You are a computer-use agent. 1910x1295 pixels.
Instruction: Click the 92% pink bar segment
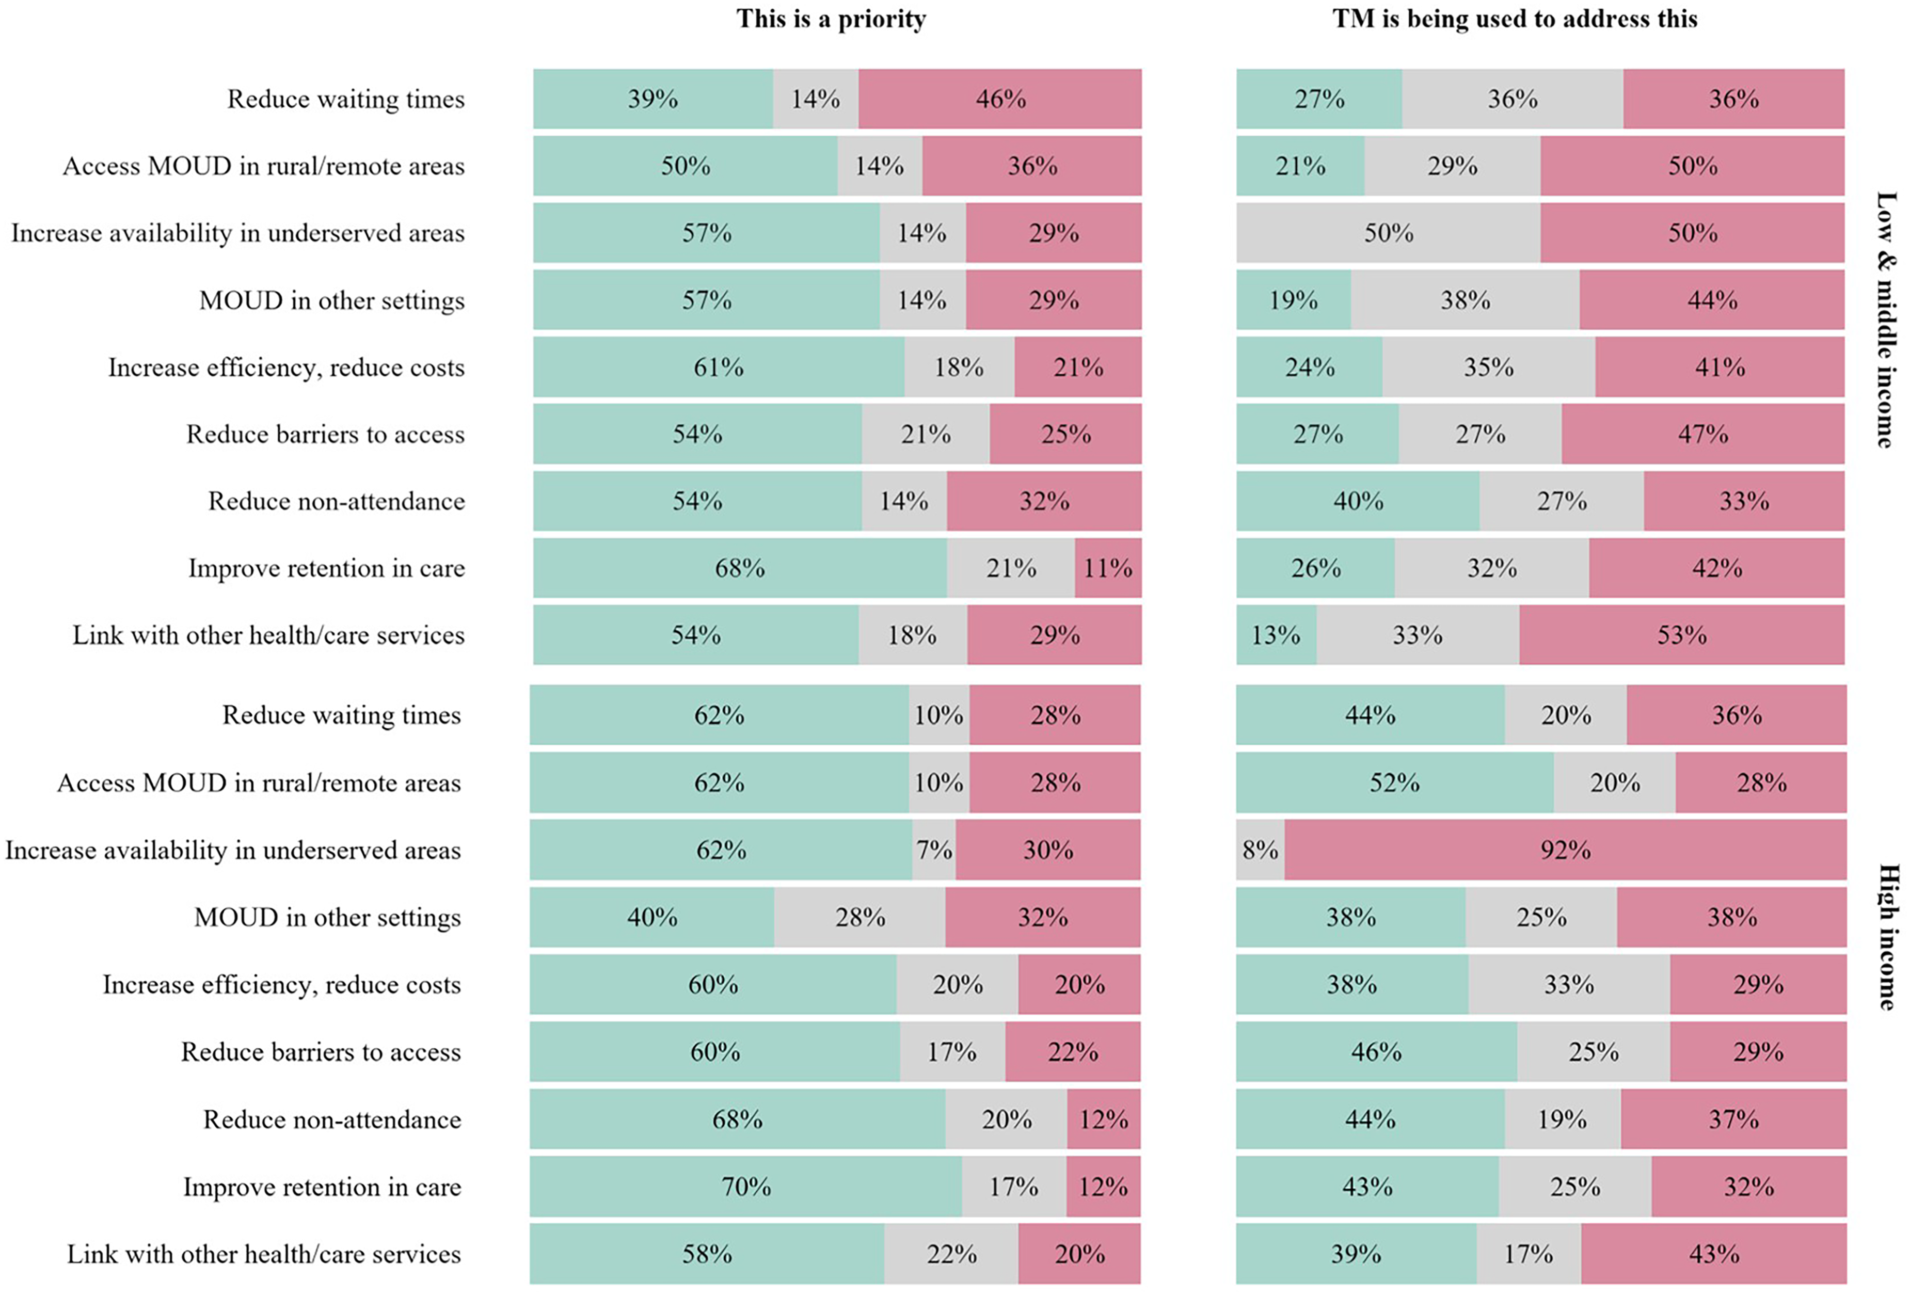[x=1566, y=850]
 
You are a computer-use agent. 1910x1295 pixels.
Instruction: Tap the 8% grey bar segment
[x=1261, y=850]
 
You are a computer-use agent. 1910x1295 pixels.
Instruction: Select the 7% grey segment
[x=934, y=850]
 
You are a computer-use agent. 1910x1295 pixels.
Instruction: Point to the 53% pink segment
[x=1681, y=635]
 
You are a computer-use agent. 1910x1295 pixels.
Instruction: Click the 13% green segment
[x=1277, y=635]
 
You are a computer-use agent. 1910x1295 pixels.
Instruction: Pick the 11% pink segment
[x=1108, y=568]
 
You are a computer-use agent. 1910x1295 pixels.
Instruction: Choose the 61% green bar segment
[x=719, y=366]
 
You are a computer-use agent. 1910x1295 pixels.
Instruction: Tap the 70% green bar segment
[x=746, y=1187]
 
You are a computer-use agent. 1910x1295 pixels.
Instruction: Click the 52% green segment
[x=1395, y=782]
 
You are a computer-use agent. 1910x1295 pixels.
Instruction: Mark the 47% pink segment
[x=1703, y=434]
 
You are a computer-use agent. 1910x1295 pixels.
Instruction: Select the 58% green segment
[x=707, y=1254]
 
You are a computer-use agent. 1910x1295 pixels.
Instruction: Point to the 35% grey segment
[x=1488, y=366]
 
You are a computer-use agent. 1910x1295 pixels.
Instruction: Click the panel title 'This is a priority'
[x=831, y=19]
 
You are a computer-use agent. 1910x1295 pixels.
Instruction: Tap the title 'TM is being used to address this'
[x=1515, y=19]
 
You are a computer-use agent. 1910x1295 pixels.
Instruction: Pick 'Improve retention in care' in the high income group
[x=322, y=1187]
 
